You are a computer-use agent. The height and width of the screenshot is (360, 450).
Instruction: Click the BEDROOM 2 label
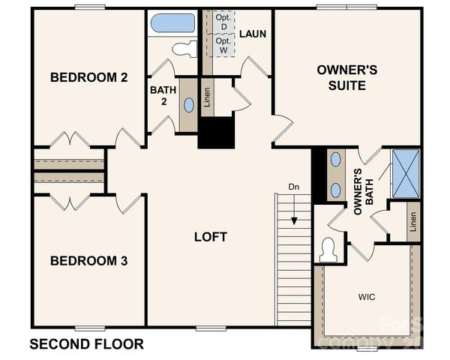(88, 77)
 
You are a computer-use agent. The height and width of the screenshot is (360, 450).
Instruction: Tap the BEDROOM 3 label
(88, 261)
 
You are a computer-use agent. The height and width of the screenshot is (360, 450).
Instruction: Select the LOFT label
(210, 237)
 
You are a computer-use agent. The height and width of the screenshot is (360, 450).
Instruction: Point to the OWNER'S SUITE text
(340, 77)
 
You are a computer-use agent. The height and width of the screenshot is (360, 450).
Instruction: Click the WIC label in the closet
(367, 297)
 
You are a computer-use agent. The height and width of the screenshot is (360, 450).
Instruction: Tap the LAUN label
(253, 34)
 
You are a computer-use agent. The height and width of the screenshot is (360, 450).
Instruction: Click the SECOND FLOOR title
(86, 344)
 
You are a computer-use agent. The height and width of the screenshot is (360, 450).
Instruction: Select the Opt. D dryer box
(222, 22)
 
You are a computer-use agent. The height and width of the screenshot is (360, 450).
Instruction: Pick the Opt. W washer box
(223, 45)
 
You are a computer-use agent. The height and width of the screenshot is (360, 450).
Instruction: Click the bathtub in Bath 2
(172, 22)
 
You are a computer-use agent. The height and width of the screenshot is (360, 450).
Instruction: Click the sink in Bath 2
(188, 105)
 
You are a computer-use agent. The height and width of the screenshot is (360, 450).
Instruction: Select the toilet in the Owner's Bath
(328, 249)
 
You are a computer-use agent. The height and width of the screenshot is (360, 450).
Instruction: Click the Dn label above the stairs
(294, 187)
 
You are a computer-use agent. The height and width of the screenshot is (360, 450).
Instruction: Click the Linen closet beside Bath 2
(208, 98)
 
